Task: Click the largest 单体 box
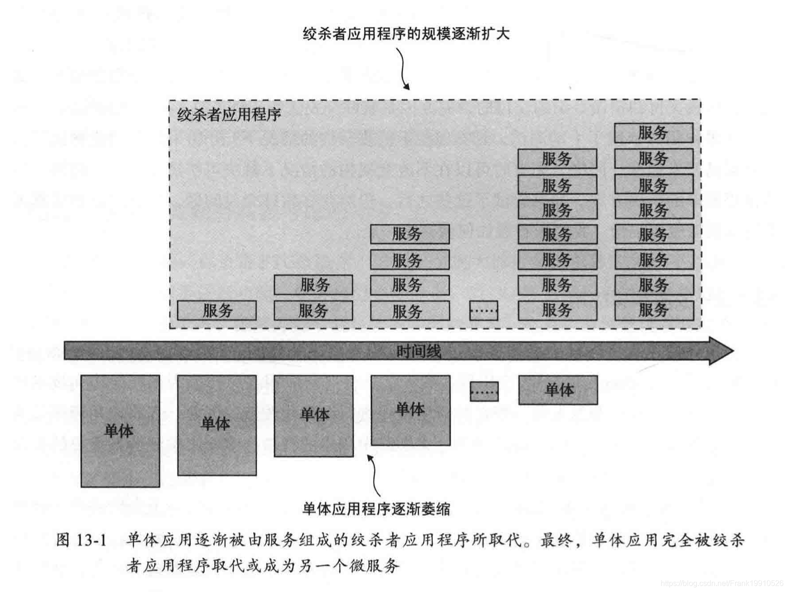(120, 431)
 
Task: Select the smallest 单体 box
(558, 390)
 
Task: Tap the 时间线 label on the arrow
(418, 352)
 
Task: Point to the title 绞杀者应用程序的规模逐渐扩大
(406, 33)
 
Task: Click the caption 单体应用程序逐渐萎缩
(376, 509)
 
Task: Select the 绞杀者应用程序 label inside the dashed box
(229, 115)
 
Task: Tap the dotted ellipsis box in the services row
(484, 310)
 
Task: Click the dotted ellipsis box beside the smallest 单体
(484, 391)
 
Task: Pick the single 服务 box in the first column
(217, 310)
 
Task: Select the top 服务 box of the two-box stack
(313, 285)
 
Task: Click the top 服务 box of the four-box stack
(410, 234)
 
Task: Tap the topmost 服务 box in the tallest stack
(653, 133)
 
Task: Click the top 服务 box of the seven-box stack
(557, 159)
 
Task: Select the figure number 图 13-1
(81, 540)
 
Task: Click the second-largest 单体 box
(217, 425)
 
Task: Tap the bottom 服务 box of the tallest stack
(653, 310)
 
